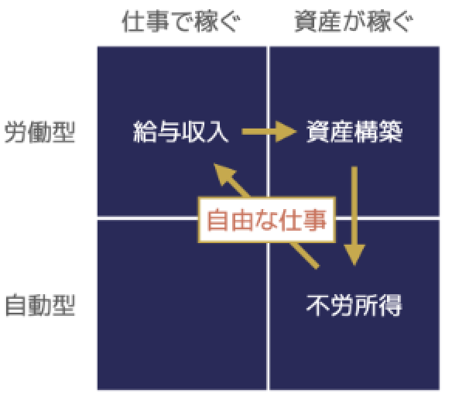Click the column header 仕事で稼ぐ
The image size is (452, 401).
click(x=181, y=21)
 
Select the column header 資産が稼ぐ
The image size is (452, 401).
click(x=354, y=21)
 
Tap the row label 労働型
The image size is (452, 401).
click(x=39, y=132)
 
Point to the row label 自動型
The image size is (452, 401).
click(x=39, y=305)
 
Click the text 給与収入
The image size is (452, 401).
click(x=181, y=132)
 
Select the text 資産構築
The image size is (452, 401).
click(x=354, y=132)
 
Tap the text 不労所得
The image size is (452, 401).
click(x=354, y=305)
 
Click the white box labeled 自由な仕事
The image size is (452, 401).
click(x=267, y=220)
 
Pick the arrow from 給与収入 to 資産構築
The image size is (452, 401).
click(x=269, y=132)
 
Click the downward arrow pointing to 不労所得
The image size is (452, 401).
click(x=354, y=216)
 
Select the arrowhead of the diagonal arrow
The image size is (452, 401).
click(x=225, y=174)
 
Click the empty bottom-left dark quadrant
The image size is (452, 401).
click(x=182, y=305)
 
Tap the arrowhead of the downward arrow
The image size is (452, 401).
click(x=354, y=255)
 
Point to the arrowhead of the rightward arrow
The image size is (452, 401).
click(x=286, y=132)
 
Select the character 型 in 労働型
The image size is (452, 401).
click(x=63, y=132)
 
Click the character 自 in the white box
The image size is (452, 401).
click(x=218, y=220)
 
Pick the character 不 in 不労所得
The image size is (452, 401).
click(x=318, y=305)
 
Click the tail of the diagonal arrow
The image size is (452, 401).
click(x=317, y=267)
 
